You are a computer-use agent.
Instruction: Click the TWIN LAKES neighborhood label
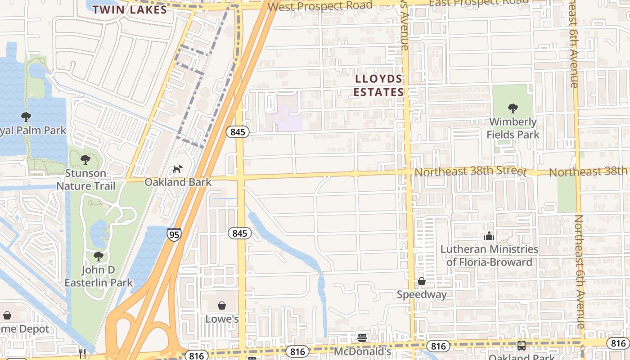[x=130, y=9]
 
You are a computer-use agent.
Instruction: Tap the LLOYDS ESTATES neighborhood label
[x=378, y=85]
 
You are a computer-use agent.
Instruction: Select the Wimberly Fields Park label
[x=513, y=128]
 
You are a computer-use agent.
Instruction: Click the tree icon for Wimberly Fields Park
[x=513, y=108]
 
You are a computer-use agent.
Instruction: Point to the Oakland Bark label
[x=178, y=182]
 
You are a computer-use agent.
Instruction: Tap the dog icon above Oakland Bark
[x=178, y=169]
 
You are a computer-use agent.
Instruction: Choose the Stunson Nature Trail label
[x=86, y=179]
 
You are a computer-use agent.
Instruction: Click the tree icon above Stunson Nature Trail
[x=85, y=160]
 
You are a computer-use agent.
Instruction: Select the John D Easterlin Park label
[x=99, y=276]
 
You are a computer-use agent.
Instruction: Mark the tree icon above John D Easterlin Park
[x=99, y=256]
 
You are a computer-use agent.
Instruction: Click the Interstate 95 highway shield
[x=174, y=234]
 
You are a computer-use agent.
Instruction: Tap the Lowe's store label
[x=222, y=319]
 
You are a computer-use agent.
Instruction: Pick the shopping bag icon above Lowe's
[x=222, y=306]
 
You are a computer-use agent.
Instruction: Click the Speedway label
[x=422, y=294]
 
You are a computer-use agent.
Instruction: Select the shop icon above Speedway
[x=422, y=282]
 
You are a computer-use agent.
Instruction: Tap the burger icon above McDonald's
[x=363, y=338]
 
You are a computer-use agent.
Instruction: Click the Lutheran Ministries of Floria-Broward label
[x=489, y=255]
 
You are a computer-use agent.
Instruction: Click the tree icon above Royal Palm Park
[x=26, y=117]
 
